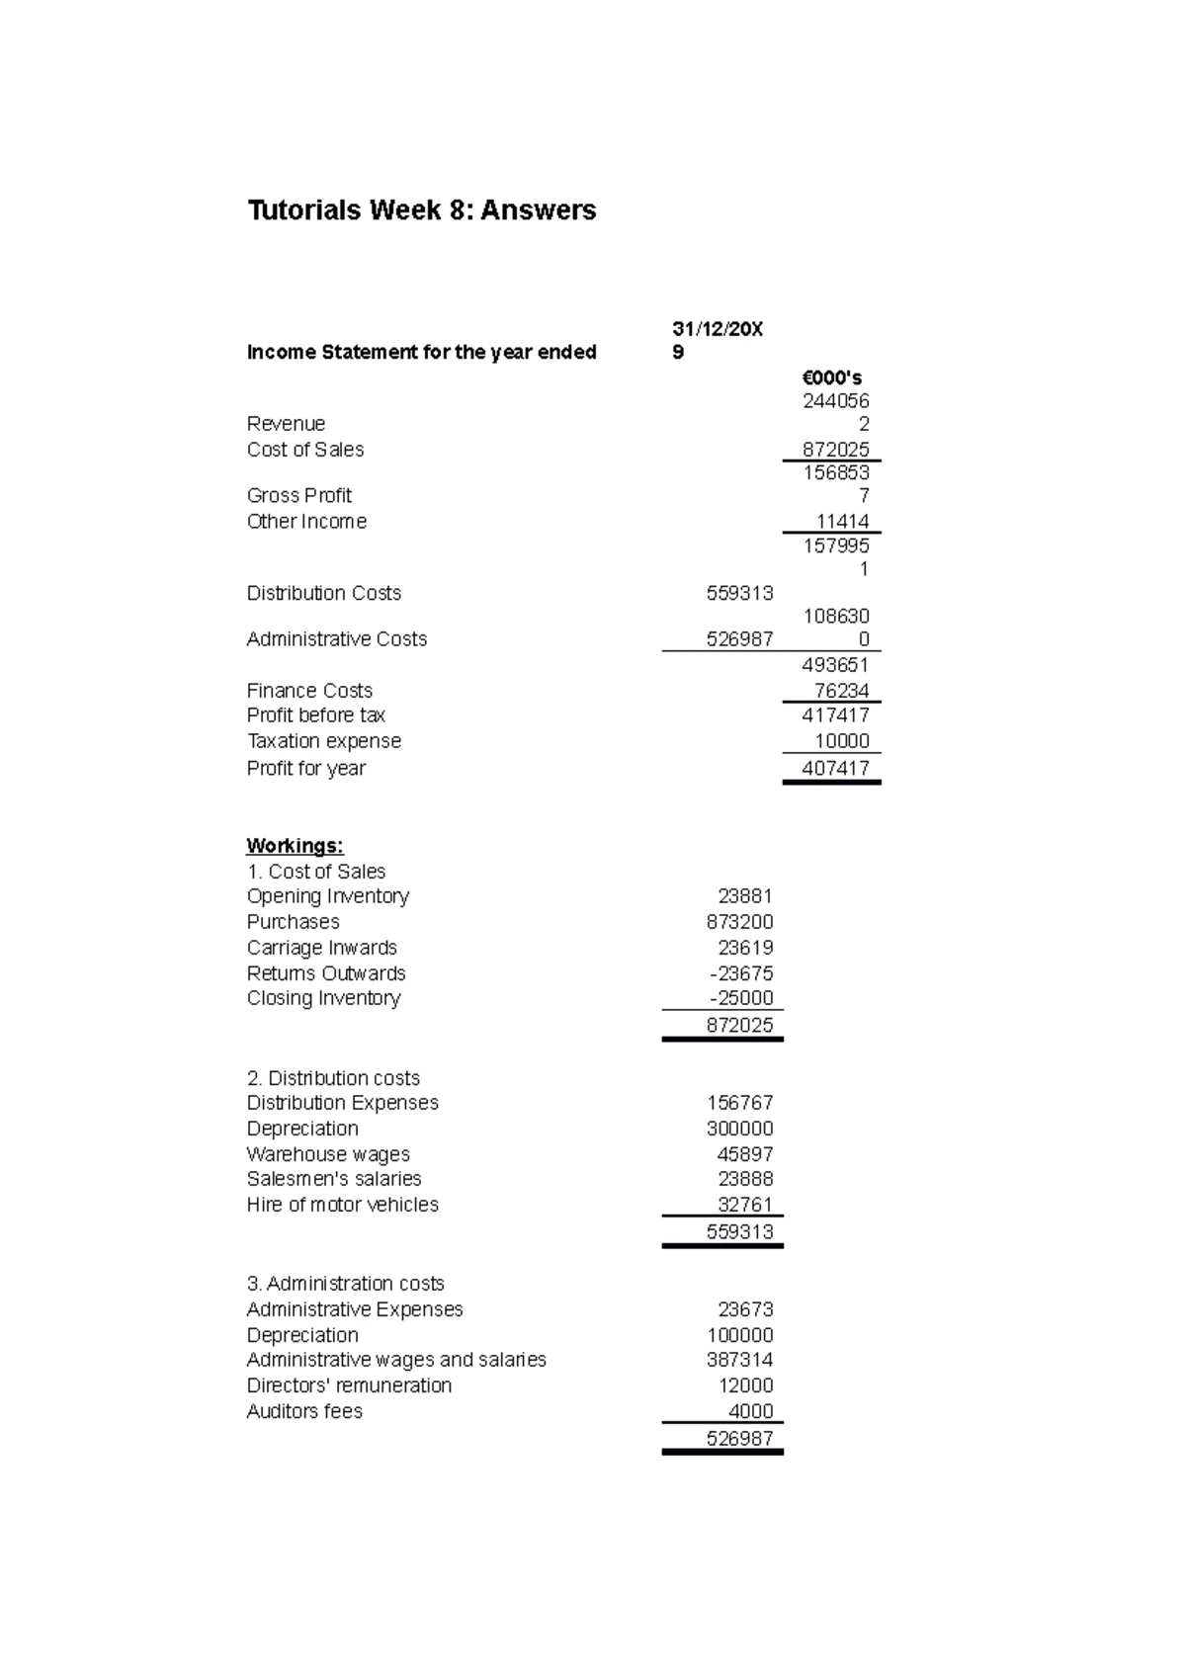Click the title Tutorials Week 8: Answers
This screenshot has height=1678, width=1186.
click(421, 210)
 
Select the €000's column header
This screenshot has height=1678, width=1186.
click(832, 378)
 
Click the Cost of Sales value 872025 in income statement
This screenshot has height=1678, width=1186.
click(836, 450)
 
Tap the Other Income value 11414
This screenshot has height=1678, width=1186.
click(842, 522)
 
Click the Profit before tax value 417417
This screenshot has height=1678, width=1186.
click(836, 715)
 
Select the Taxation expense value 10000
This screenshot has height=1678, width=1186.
click(841, 741)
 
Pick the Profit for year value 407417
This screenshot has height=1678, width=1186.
click(836, 768)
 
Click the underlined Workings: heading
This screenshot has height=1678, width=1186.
click(295, 846)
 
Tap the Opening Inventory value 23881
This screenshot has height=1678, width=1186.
click(745, 896)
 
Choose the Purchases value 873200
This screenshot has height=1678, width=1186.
click(740, 922)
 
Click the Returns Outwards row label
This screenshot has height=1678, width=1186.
click(326, 973)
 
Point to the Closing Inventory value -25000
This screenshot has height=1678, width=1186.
click(741, 998)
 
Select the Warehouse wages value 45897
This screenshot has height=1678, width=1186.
click(745, 1154)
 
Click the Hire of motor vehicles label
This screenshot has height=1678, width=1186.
click(342, 1205)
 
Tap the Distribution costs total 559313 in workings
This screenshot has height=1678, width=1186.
click(740, 1231)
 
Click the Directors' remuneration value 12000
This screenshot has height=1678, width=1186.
click(745, 1385)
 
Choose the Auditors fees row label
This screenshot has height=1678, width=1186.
click(304, 1411)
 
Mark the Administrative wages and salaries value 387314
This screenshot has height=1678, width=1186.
click(740, 1360)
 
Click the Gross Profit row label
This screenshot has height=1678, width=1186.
click(298, 495)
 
